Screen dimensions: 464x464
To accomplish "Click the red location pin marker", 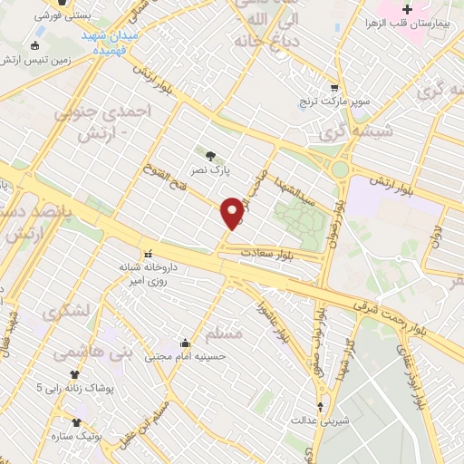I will [232, 212].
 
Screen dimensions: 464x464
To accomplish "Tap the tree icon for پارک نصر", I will [211, 155].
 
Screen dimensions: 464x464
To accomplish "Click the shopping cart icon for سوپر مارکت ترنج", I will [334, 89].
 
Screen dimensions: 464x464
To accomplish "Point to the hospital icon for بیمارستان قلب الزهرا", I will [408, 10].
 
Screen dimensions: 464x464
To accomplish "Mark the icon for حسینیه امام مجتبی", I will [185, 343].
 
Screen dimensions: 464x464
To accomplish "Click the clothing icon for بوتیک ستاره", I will [75, 422].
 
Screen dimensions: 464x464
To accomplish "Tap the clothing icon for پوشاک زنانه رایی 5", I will [75, 373].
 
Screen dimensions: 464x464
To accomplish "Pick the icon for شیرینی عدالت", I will [318, 407].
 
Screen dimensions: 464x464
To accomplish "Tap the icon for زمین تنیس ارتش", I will [35, 46].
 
